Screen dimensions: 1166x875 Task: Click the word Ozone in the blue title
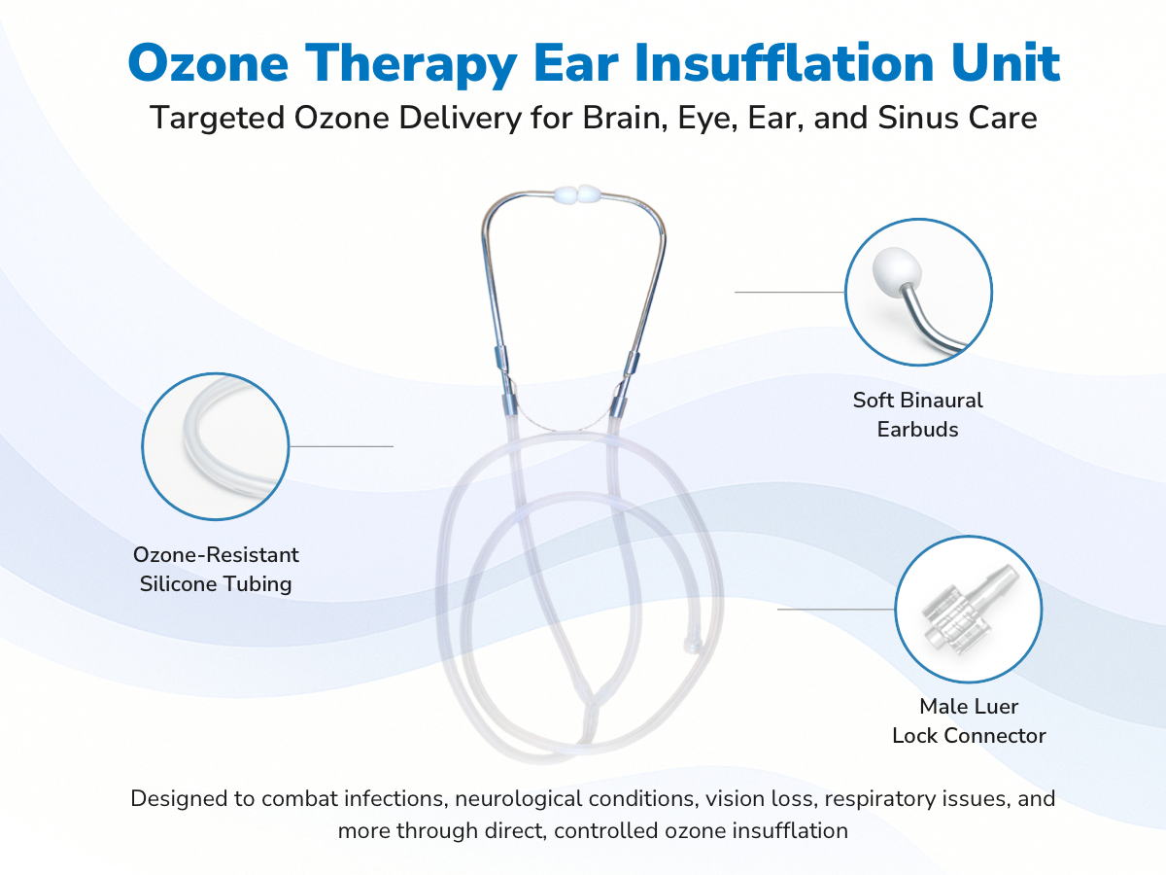point(208,64)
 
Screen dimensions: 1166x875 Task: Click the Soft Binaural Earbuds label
point(917,414)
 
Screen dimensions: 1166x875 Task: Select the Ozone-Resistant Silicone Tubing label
point(216,569)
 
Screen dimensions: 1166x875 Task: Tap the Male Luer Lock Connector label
point(969,721)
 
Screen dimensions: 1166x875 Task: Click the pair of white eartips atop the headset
point(575,194)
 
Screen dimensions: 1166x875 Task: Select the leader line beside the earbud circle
point(789,292)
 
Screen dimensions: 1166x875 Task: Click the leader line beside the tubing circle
point(342,446)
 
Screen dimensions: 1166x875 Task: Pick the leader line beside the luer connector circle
point(836,609)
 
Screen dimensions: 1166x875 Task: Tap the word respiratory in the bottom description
point(880,799)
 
